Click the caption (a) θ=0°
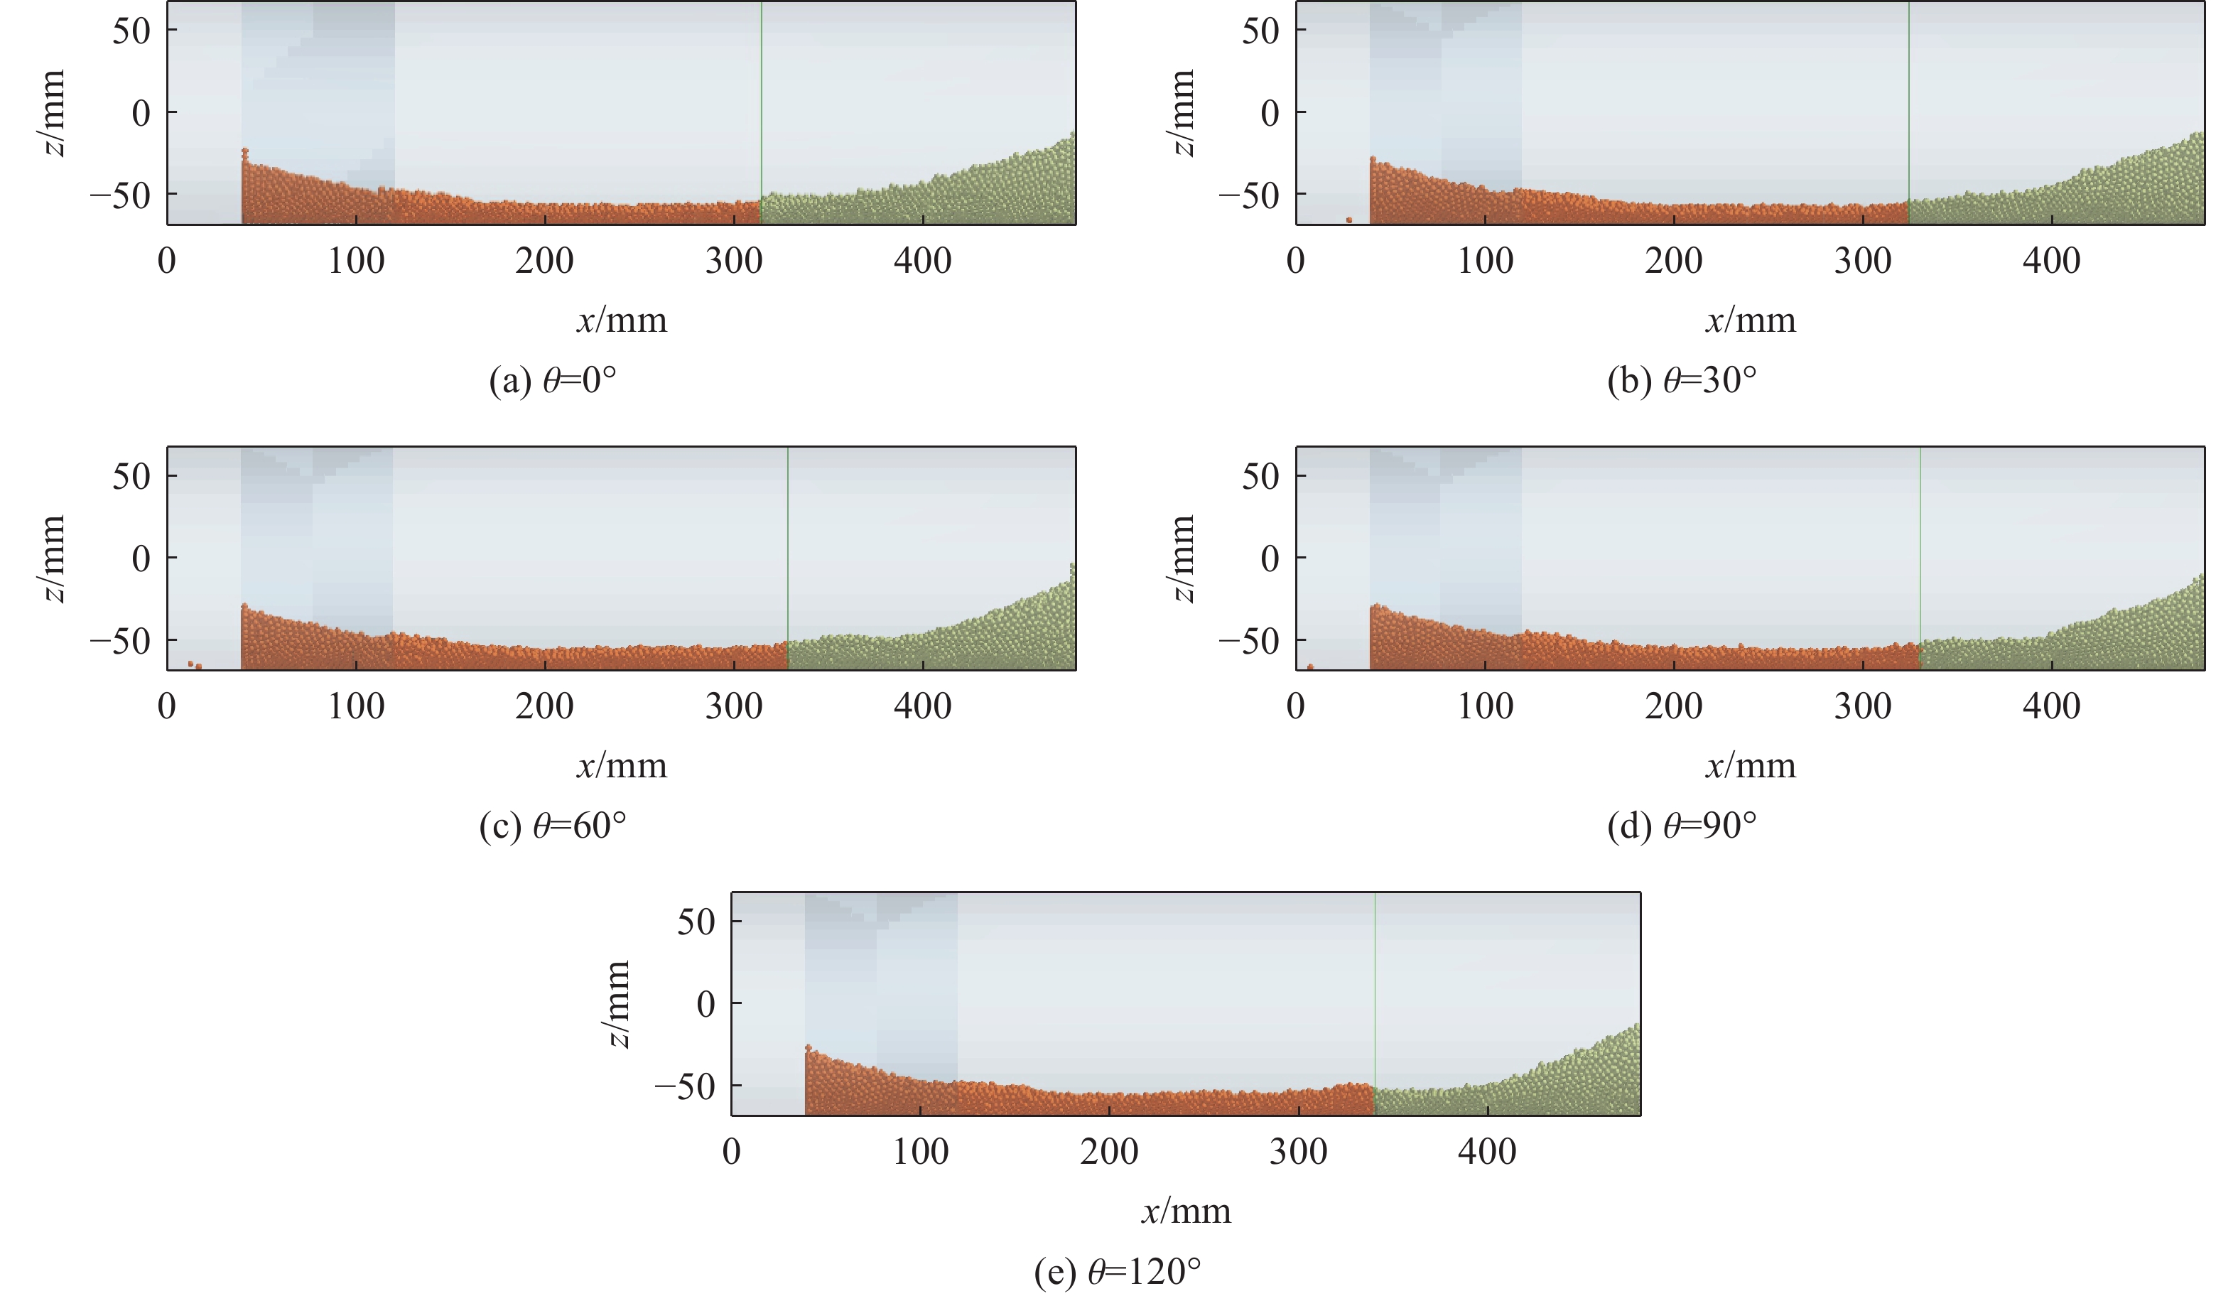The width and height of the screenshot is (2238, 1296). point(553,380)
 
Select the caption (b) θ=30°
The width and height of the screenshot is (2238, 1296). point(1681,380)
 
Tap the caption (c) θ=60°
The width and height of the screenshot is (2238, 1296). point(553,826)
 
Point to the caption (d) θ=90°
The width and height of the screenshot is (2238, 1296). point(1681,826)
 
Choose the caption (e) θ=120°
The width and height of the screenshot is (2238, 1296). point(1117,1272)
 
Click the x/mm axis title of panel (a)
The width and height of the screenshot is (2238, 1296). point(622,320)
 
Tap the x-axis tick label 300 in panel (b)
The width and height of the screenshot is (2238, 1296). point(1862,261)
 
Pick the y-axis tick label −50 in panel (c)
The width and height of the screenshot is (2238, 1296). point(120,640)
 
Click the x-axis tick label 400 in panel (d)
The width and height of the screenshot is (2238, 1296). point(2052,707)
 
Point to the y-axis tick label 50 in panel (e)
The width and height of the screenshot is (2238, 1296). point(696,922)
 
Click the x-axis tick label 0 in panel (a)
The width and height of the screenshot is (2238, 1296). point(167,261)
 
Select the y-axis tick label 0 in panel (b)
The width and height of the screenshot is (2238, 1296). point(1270,113)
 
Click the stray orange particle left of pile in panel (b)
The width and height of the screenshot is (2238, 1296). point(1348,220)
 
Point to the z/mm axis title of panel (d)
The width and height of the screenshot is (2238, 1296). point(1183,558)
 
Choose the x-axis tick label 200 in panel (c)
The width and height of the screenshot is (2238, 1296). point(544,707)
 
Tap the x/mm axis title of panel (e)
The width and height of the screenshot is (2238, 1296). point(1186,1211)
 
